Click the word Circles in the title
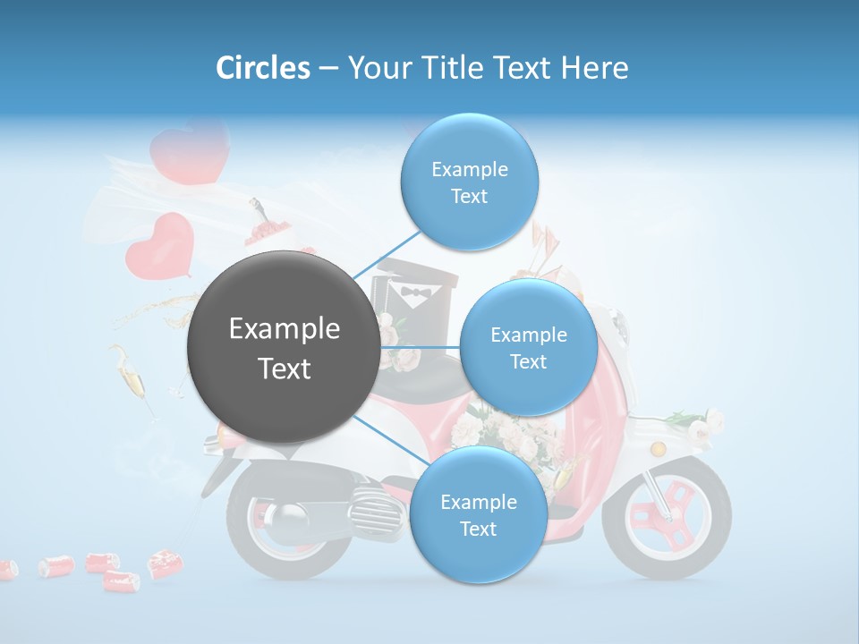tap(262, 68)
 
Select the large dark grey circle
tap(284, 347)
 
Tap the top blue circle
tap(469, 182)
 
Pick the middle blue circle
tap(528, 347)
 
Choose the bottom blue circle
tap(478, 514)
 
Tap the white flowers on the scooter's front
tap(698, 424)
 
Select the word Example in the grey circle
tap(284, 329)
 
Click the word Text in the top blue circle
tap(469, 196)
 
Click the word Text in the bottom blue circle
tap(478, 529)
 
